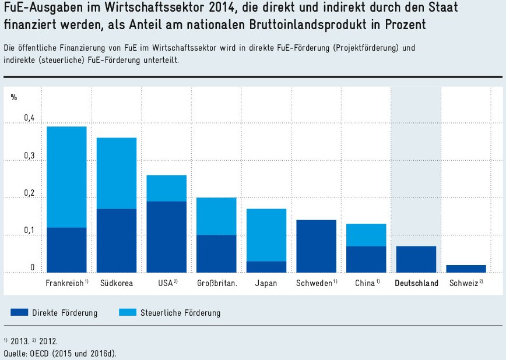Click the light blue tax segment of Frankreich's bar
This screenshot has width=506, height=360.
click(x=66, y=177)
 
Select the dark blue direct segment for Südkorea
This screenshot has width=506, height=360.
click(x=116, y=241)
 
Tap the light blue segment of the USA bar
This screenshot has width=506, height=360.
click(x=166, y=188)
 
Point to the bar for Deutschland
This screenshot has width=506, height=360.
click(x=416, y=259)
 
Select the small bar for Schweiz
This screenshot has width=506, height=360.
click(x=465, y=269)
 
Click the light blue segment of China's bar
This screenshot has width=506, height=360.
click(x=366, y=235)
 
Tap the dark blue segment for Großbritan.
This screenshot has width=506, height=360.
click(x=216, y=253)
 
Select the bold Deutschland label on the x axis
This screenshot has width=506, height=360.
click(x=416, y=284)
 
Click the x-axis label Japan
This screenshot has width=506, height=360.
click(x=266, y=284)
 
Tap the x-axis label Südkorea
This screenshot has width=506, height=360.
click(x=116, y=284)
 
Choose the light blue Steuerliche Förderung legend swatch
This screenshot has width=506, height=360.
click(x=126, y=313)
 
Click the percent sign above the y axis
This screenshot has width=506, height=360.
click(x=14, y=97)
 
